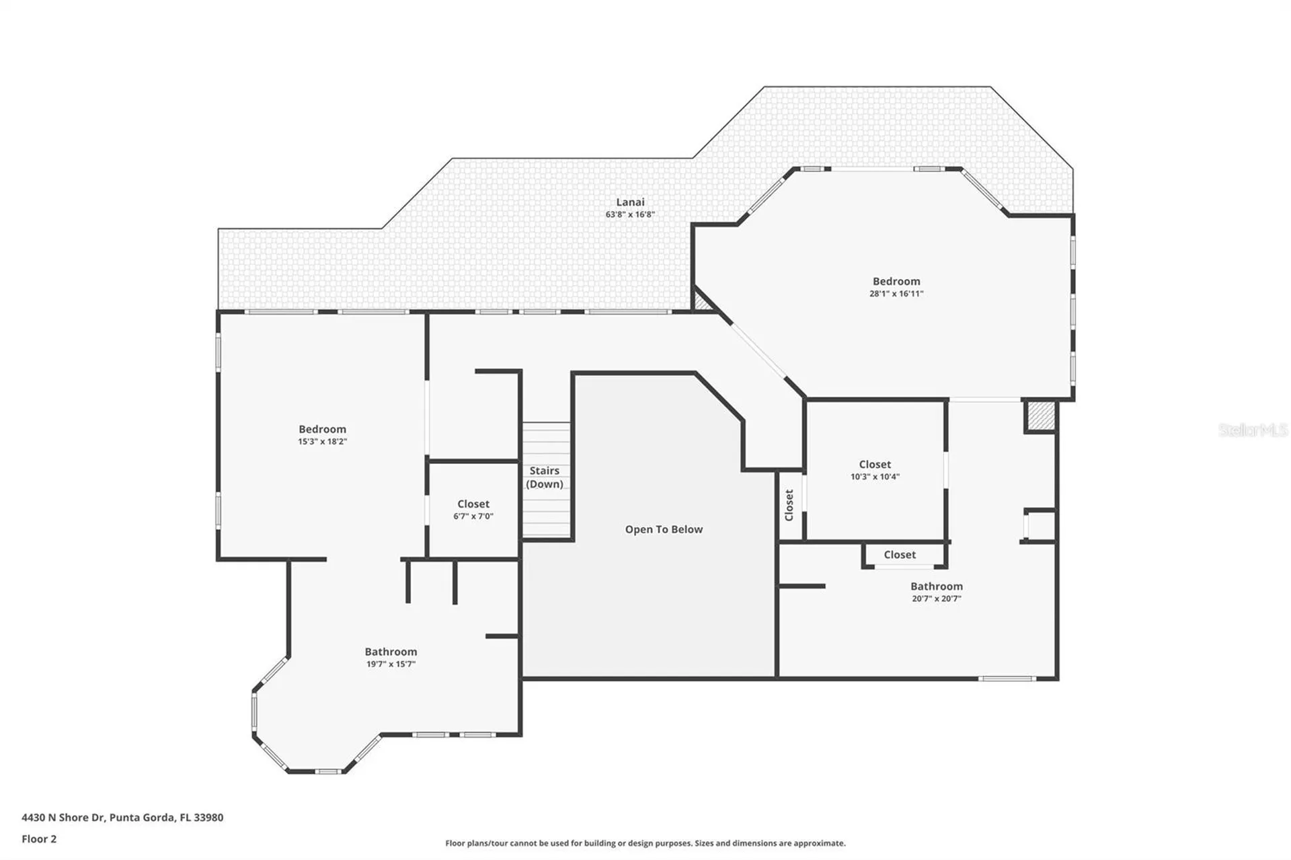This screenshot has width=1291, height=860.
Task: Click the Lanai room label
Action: point(630,202)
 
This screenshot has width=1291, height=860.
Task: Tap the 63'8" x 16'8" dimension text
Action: point(630,214)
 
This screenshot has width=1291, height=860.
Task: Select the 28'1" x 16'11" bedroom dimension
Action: point(896,294)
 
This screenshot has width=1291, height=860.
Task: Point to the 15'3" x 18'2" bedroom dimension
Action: point(322,442)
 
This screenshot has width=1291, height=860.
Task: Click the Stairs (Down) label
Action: point(545,477)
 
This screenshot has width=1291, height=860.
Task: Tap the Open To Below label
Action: point(664,530)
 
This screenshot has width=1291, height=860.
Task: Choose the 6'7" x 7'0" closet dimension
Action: point(473,516)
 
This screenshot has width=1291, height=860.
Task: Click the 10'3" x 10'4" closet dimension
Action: point(875,477)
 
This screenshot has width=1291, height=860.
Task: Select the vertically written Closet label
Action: point(789,505)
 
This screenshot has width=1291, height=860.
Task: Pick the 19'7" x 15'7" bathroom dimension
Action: point(391,664)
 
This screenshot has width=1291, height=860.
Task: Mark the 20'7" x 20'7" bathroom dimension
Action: point(937,599)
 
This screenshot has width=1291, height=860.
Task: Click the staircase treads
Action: point(547,479)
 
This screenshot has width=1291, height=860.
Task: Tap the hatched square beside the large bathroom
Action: point(1040,416)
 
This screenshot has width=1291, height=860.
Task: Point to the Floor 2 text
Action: point(39,839)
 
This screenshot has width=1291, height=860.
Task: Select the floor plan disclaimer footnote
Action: point(645,843)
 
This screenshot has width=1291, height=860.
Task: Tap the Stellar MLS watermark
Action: point(1253,430)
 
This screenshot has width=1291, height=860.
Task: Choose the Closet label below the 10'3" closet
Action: point(900,555)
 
